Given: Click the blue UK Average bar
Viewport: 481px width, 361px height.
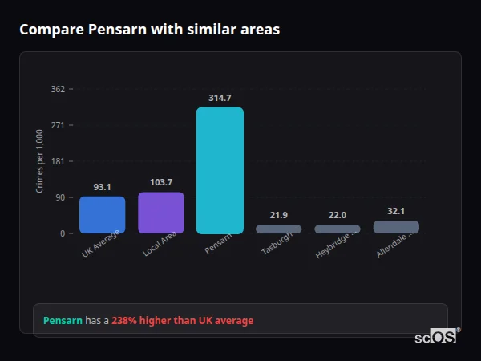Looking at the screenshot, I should click(x=102, y=215).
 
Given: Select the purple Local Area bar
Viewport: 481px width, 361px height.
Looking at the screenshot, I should click(x=161, y=213).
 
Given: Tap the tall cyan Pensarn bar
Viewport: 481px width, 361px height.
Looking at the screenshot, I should click(x=220, y=170).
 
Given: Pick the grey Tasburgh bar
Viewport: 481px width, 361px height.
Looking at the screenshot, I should click(x=279, y=229).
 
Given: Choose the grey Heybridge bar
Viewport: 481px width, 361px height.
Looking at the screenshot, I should click(x=338, y=229).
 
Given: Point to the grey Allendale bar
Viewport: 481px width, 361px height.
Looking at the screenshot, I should click(x=396, y=227).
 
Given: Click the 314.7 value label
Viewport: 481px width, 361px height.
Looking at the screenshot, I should click(x=220, y=98).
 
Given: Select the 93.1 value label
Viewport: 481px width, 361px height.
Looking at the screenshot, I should click(x=102, y=187).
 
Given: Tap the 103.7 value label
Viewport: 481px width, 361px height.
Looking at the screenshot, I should click(x=161, y=182).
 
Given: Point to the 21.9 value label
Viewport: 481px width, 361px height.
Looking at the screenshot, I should click(x=279, y=215).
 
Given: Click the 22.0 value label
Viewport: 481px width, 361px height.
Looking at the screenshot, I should click(x=338, y=215).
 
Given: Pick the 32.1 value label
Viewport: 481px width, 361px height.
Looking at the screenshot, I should click(x=396, y=211).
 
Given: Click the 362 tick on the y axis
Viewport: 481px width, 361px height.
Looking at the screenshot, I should click(x=58, y=89).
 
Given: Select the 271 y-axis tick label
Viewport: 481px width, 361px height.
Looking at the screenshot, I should click(x=58, y=125).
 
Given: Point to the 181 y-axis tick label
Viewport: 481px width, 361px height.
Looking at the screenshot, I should click(x=58, y=161).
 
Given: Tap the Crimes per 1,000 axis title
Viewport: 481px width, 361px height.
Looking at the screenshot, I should click(x=40, y=161).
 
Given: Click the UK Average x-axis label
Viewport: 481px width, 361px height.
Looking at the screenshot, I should click(x=101, y=244).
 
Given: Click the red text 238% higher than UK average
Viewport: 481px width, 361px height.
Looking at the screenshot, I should click(x=182, y=321).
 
